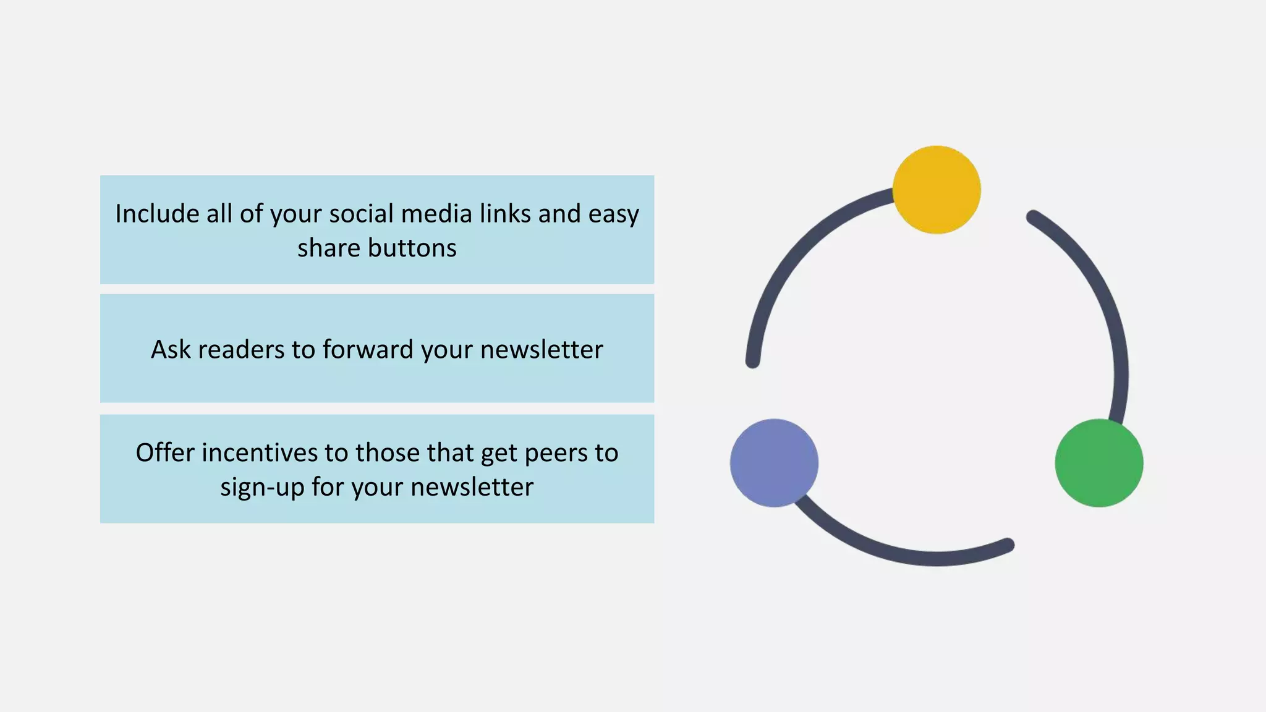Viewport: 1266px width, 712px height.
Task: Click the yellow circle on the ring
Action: (x=936, y=190)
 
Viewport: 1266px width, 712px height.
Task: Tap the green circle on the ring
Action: (x=1098, y=463)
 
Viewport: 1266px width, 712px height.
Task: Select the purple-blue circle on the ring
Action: (x=774, y=463)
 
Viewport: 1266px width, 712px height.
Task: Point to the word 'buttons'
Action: (x=412, y=248)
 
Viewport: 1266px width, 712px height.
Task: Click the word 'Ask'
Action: (x=171, y=349)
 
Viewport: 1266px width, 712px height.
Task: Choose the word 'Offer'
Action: (x=165, y=452)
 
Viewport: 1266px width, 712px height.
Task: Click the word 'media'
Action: (x=431, y=214)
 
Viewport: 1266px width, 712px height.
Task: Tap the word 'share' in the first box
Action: (x=328, y=248)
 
